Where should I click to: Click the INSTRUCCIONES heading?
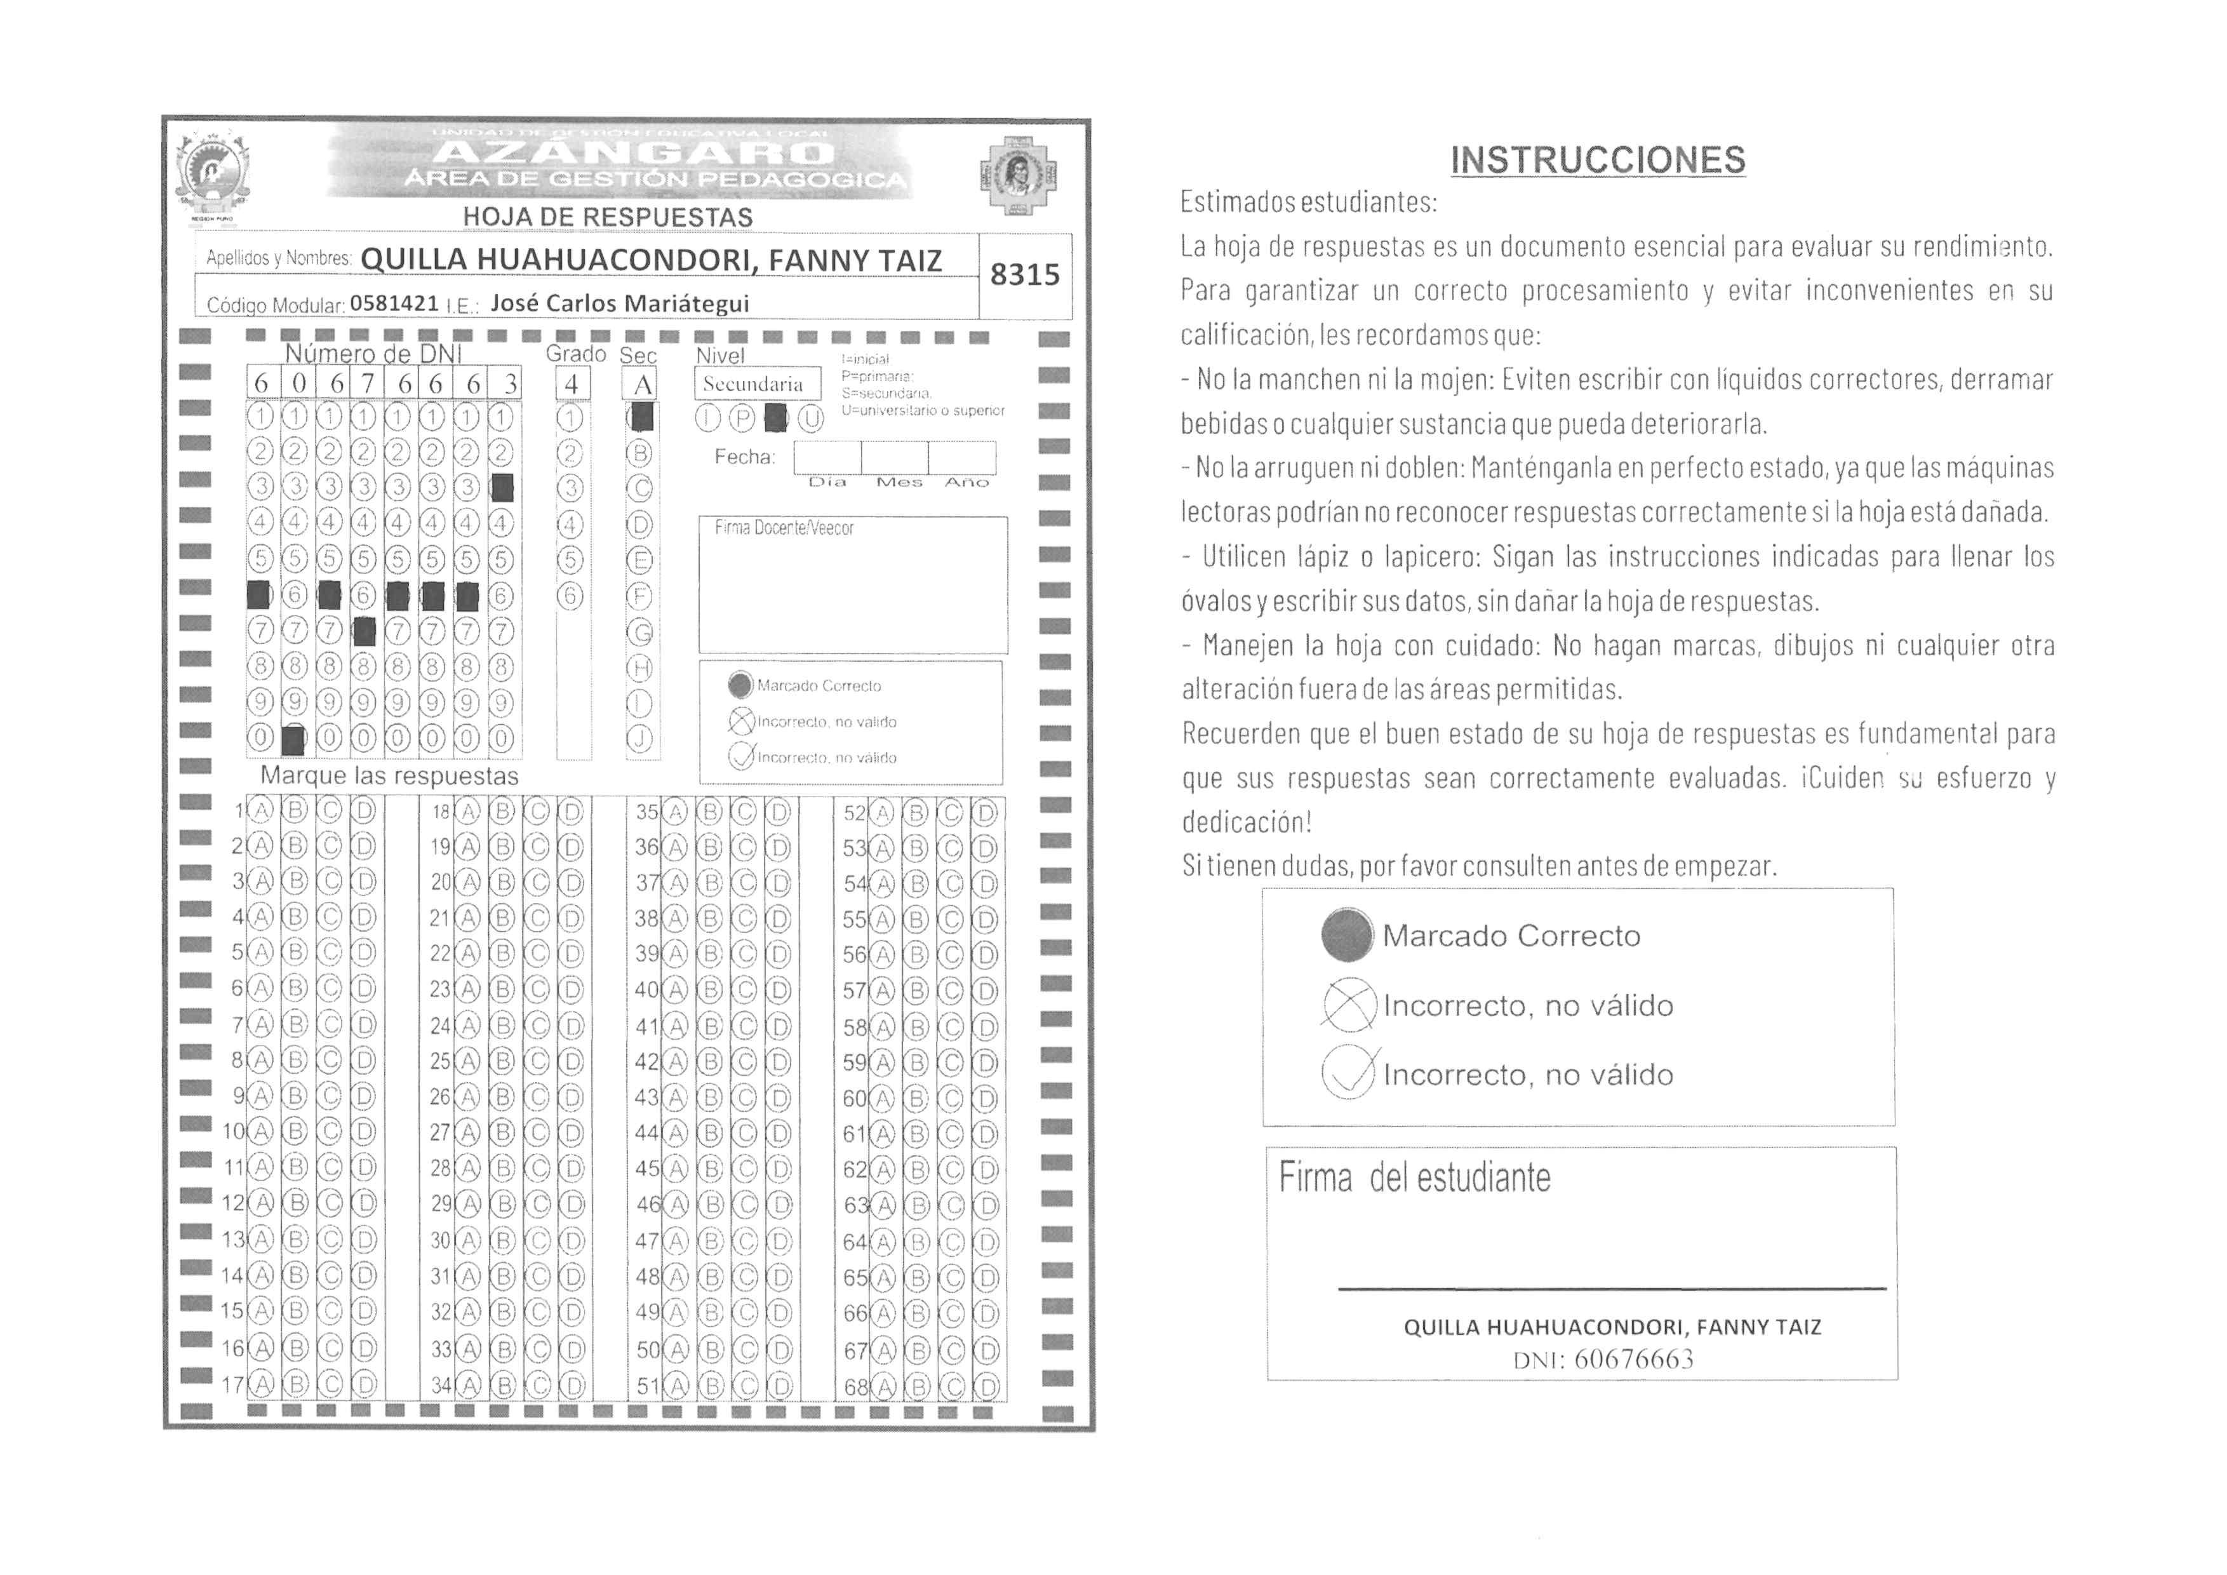(x=1598, y=160)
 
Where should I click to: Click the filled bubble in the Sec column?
(x=641, y=418)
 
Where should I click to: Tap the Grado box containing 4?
(x=572, y=385)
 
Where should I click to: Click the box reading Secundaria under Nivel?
(x=754, y=384)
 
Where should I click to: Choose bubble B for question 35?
(x=710, y=812)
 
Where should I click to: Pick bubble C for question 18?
(x=537, y=812)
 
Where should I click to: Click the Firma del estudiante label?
(x=1414, y=1178)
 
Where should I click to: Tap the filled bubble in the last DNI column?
(x=502, y=488)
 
